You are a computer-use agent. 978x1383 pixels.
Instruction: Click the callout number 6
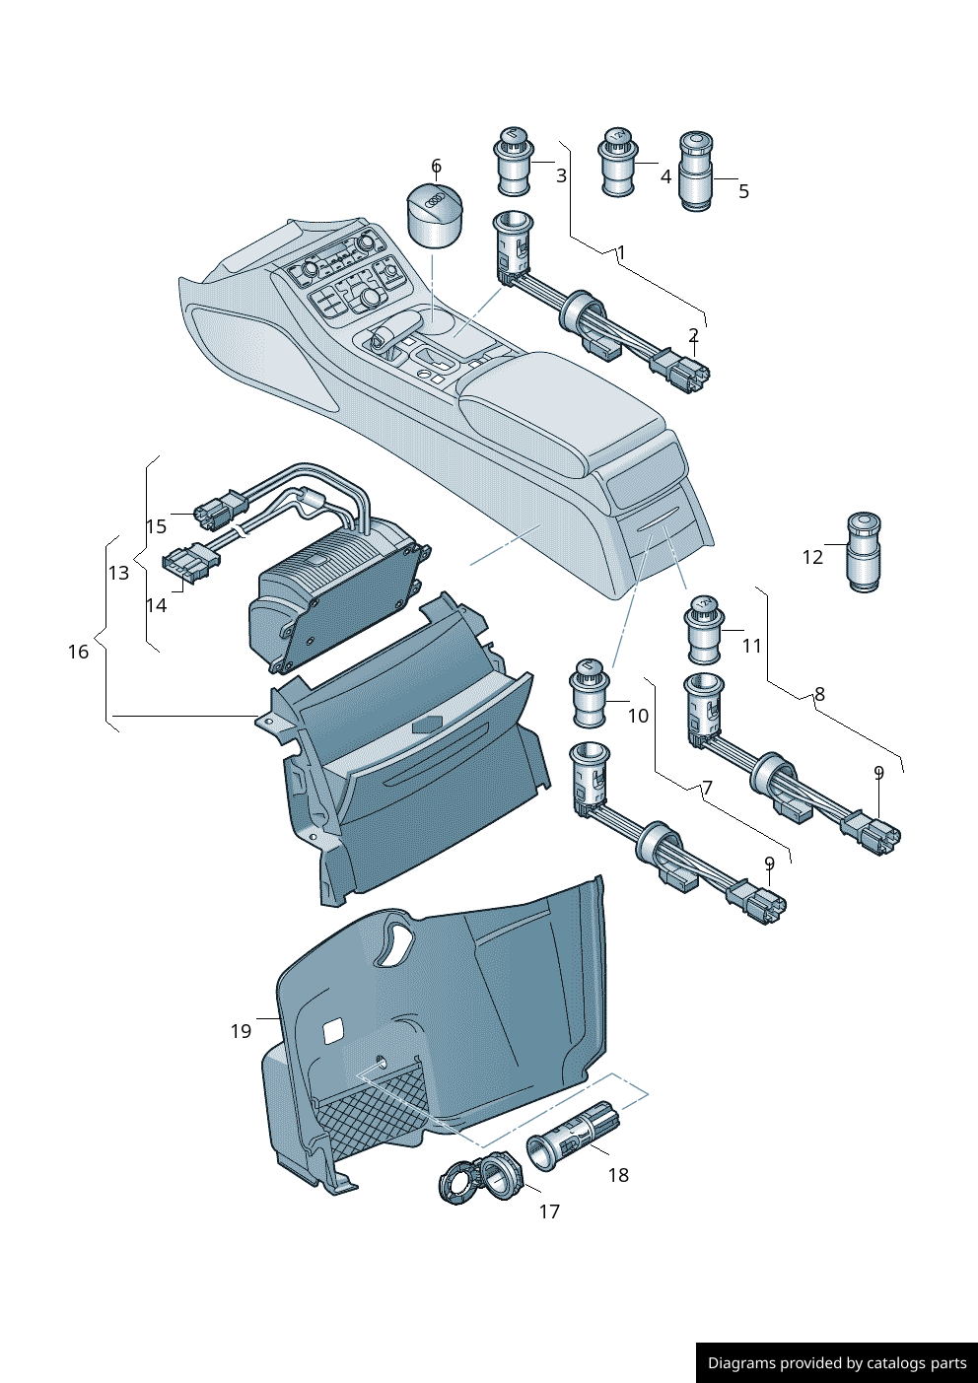pyautogui.click(x=436, y=166)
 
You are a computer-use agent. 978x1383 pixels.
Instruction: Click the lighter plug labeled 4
pyautogui.click(x=617, y=163)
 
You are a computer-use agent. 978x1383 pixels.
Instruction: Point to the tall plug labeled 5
pyautogui.click(x=696, y=173)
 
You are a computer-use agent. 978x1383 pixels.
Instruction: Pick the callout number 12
pyautogui.click(x=812, y=557)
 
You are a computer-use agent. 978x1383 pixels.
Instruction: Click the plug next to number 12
pyautogui.click(x=864, y=552)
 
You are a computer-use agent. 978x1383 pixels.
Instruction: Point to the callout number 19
pyautogui.click(x=242, y=1031)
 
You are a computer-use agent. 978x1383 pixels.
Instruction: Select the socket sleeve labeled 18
pyautogui.click(x=574, y=1139)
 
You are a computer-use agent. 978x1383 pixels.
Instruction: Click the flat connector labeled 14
pyautogui.click(x=189, y=565)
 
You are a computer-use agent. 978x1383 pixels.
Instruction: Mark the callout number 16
pyautogui.click(x=78, y=652)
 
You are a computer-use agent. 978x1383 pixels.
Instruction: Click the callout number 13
pyautogui.click(x=118, y=573)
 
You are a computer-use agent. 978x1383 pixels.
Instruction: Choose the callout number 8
pyautogui.click(x=819, y=694)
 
